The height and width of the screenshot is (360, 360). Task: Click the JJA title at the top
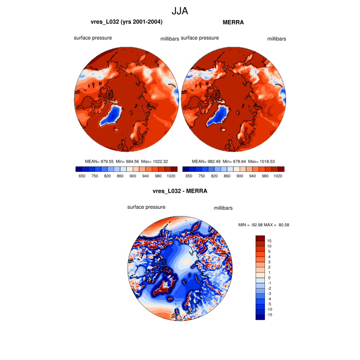pos(180,10)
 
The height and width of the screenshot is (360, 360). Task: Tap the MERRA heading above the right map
pos(233,22)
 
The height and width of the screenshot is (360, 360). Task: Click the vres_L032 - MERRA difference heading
pos(180,191)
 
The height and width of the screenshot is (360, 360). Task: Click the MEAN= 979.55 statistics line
pos(126,161)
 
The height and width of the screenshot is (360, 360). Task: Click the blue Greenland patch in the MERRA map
pos(216,116)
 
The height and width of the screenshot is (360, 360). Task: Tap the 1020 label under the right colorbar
pos(278,176)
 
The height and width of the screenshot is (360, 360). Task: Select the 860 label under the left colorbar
pos(120,176)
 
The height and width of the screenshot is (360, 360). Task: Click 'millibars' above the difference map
pos(223,208)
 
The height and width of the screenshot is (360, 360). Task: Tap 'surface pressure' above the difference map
pos(147,207)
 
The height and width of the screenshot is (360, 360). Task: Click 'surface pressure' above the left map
pos(93,38)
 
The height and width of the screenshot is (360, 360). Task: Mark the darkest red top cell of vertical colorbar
pos(260,239)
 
